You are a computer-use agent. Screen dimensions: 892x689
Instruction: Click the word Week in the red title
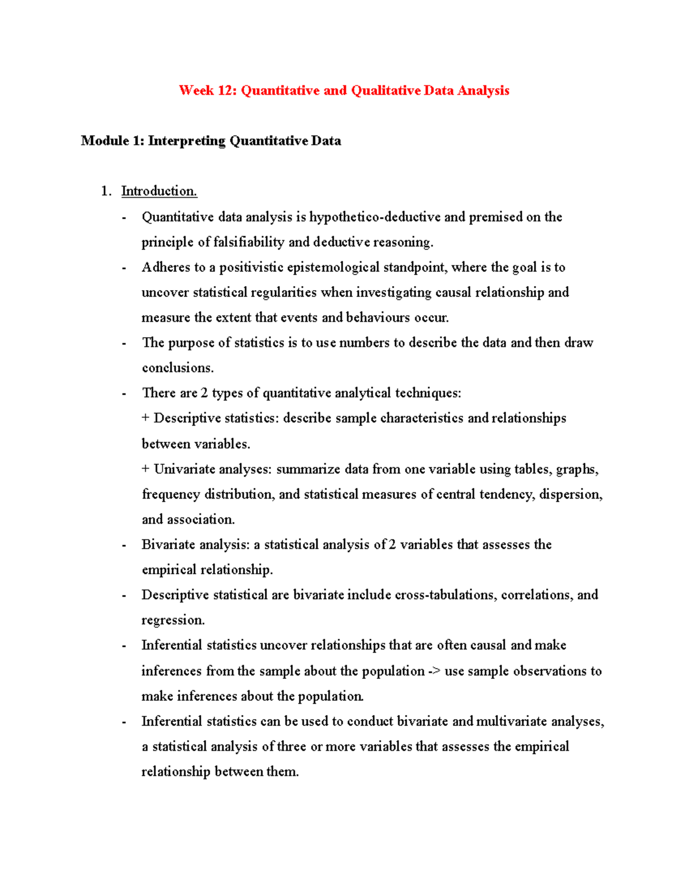pos(196,91)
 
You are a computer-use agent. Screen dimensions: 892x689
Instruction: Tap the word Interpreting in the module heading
pos(187,141)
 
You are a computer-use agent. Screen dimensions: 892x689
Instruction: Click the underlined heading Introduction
pos(159,191)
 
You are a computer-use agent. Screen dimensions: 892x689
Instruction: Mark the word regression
pos(173,620)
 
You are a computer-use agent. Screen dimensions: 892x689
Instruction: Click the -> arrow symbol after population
pos(435,671)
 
